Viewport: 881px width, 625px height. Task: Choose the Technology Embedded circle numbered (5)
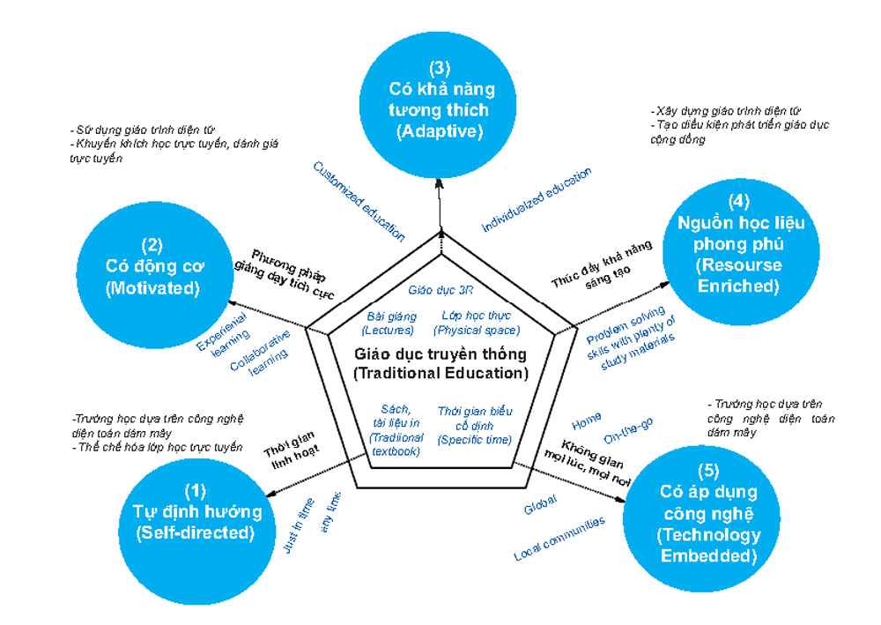pos(696,524)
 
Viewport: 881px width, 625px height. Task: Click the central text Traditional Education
pos(440,363)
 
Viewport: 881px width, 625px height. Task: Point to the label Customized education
pos(359,201)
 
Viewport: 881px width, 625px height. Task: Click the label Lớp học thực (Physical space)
pos(476,324)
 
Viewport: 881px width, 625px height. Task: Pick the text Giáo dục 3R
pos(438,289)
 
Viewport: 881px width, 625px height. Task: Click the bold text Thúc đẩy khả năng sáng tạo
pos(594,264)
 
